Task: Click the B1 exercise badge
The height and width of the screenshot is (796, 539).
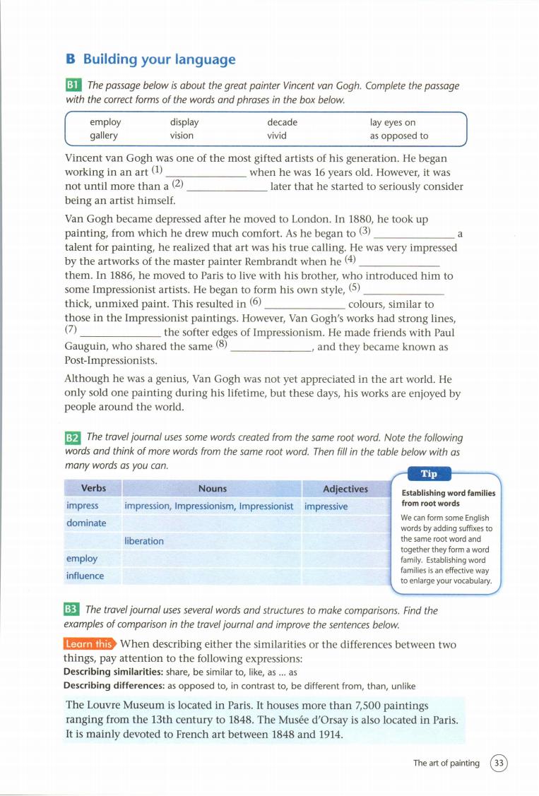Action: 73,85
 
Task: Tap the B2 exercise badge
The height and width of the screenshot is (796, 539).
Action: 73,439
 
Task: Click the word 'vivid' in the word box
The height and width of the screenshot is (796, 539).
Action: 277,136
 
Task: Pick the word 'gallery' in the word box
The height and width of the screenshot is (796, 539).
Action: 104,136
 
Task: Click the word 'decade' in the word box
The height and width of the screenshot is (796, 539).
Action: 282,122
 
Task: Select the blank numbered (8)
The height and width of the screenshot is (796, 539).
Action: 272,347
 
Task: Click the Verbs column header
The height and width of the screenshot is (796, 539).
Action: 93,488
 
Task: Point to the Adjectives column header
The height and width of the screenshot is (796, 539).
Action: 345,489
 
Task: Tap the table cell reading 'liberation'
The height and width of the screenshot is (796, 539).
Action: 144,541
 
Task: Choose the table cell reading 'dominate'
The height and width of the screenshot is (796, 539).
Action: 86,523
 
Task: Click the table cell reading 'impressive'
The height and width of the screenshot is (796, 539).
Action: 326,506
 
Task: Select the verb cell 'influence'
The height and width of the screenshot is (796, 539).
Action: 85,576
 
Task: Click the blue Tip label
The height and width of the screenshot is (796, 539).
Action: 429,474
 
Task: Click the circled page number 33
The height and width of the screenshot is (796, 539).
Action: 499,763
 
